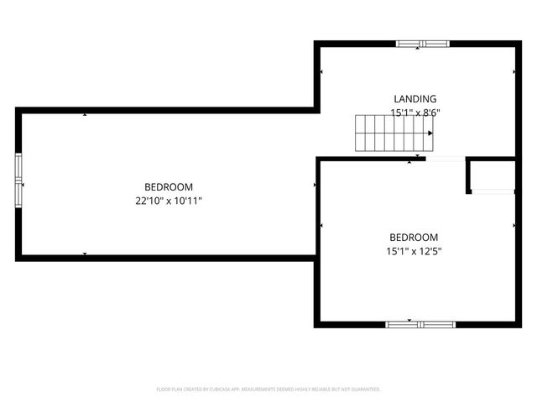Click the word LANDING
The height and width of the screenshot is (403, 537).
(x=415, y=99)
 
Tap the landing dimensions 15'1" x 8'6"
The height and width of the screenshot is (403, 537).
(x=415, y=112)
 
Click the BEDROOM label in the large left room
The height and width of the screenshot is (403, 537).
(x=169, y=187)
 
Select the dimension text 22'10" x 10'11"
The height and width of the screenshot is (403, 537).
(x=169, y=201)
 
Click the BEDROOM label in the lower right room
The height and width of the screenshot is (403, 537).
(x=414, y=238)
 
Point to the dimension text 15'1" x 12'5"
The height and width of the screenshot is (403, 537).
(x=414, y=251)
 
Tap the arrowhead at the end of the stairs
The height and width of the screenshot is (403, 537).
(x=431, y=133)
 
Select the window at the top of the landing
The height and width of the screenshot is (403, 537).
(x=423, y=44)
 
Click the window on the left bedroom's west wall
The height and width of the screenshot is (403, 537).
(x=18, y=178)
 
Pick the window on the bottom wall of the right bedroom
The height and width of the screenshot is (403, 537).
(x=420, y=324)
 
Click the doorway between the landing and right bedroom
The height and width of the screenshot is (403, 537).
(x=446, y=159)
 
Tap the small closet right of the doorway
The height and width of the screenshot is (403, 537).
(x=492, y=175)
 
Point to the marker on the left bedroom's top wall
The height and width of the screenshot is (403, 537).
(x=85, y=114)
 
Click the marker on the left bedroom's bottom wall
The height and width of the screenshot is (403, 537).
(x=85, y=253)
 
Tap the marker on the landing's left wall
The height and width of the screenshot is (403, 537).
(x=321, y=72)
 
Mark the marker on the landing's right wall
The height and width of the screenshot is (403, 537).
(x=514, y=72)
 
